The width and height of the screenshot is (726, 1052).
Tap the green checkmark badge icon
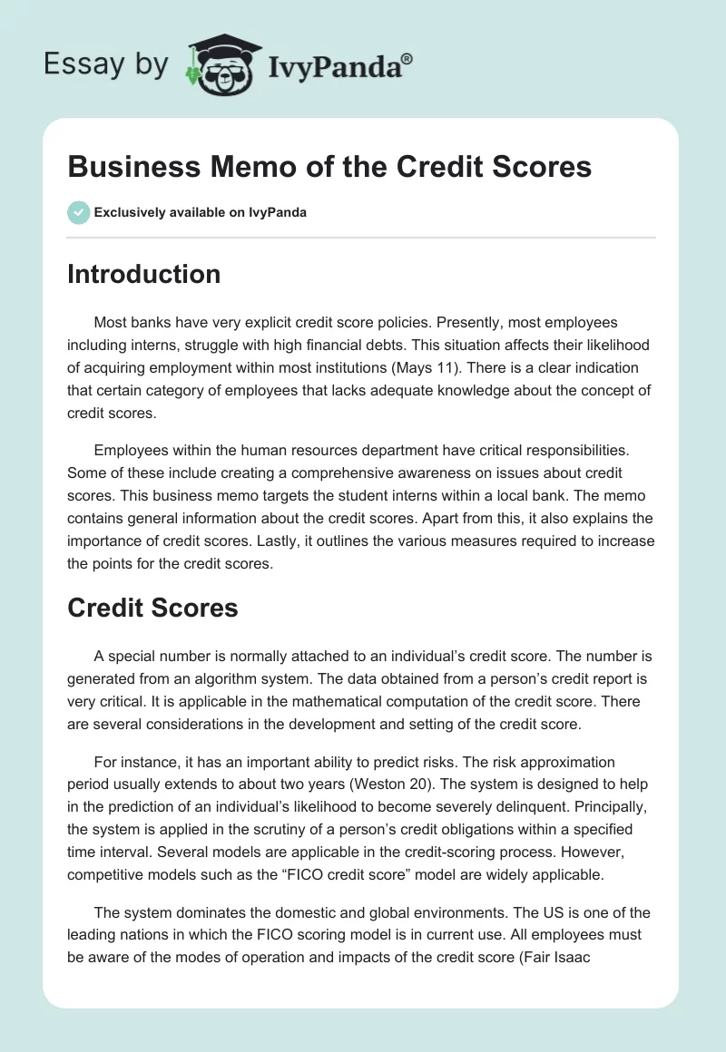[78, 212]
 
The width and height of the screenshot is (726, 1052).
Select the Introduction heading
[143, 274]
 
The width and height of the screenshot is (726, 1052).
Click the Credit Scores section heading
[152, 608]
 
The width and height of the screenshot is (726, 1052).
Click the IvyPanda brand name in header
[340, 65]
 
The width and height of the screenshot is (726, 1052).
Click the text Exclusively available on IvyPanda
[200, 212]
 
